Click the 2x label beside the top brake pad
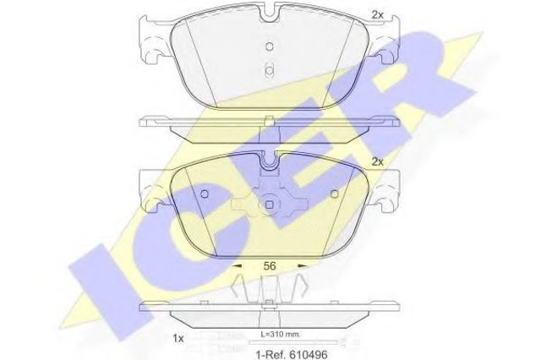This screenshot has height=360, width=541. [378, 15]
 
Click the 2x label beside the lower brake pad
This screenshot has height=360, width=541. [378, 161]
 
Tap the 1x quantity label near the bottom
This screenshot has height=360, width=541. [178, 339]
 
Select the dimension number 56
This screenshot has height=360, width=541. [270, 266]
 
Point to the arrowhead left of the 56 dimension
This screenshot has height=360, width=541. [238, 266]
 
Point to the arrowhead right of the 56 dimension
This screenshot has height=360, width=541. [303, 266]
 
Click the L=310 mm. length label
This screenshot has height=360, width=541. [281, 334]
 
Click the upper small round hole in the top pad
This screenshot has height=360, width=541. [270, 46]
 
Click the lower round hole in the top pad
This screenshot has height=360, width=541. [269, 71]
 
